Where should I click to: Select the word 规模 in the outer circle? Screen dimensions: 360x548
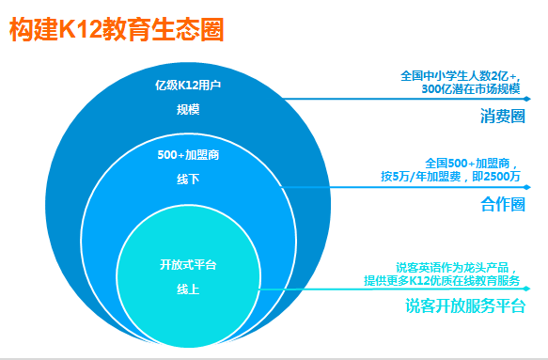pyautogui.click(x=188, y=110)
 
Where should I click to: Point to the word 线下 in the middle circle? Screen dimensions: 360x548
pyautogui.click(x=188, y=179)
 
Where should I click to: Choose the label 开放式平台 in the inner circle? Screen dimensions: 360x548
pyautogui.click(x=188, y=265)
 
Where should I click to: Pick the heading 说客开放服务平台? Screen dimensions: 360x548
pyautogui.click(x=463, y=306)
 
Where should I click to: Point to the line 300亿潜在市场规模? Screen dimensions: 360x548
pyautogui.click(x=469, y=88)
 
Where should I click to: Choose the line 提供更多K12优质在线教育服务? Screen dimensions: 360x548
pyautogui.click(x=444, y=280)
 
